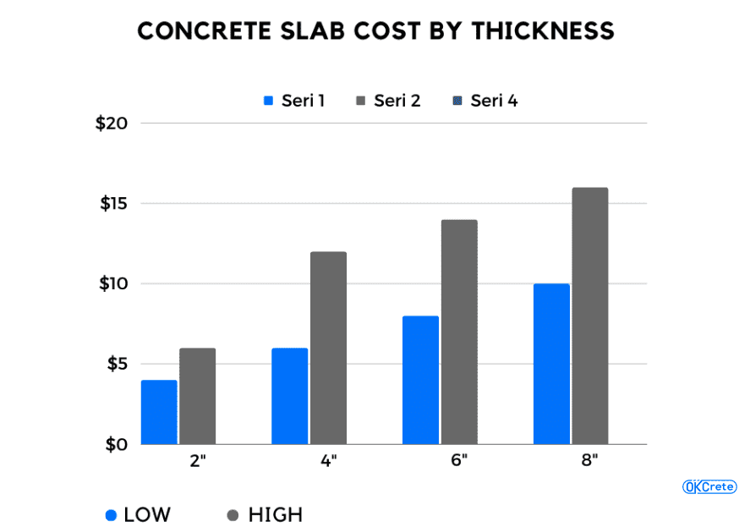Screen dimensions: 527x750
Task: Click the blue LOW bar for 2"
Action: click(159, 412)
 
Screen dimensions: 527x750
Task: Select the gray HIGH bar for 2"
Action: click(197, 396)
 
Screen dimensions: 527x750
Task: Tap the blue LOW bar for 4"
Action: click(289, 396)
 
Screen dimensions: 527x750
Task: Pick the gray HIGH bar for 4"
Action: click(328, 348)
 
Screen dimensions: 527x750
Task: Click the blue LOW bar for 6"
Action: click(420, 380)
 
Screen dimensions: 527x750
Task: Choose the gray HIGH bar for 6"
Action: click(459, 332)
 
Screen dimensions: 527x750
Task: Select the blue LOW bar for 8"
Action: click(551, 364)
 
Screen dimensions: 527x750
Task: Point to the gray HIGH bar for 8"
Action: click(590, 316)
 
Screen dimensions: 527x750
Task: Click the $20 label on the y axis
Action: click(112, 124)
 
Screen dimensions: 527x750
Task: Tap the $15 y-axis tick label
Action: click(113, 204)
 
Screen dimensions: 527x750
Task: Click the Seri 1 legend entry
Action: click(294, 101)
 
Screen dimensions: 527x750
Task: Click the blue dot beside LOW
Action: click(111, 514)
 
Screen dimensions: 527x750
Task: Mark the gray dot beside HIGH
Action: click(233, 514)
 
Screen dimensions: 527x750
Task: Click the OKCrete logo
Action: click(709, 486)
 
